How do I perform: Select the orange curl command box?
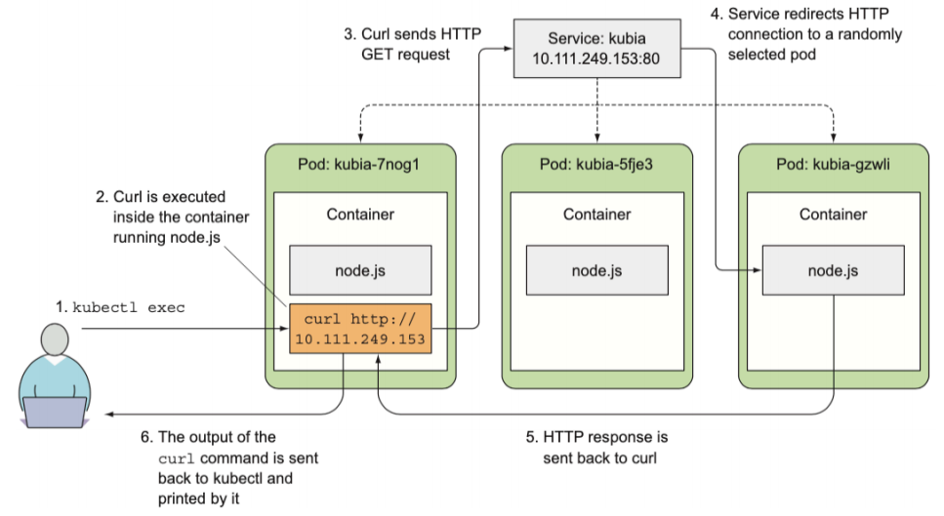pyautogui.click(x=358, y=327)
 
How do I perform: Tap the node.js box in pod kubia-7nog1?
pyautogui.click(x=358, y=270)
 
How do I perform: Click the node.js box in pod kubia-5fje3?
pyautogui.click(x=596, y=270)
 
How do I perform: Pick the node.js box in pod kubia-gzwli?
pyautogui.click(x=833, y=270)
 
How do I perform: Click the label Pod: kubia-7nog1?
pyautogui.click(x=358, y=163)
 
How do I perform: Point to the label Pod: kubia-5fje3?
pyautogui.click(x=595, y=163)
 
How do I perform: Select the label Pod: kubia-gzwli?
pyautogui.click(x=833, y=163)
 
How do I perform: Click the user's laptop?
pyautogui.click(x=55, y=413)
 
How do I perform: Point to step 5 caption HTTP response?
pyautogui.click(x=605, y=447)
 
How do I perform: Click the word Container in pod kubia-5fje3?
pyautogui.click(x=596, y=215)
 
